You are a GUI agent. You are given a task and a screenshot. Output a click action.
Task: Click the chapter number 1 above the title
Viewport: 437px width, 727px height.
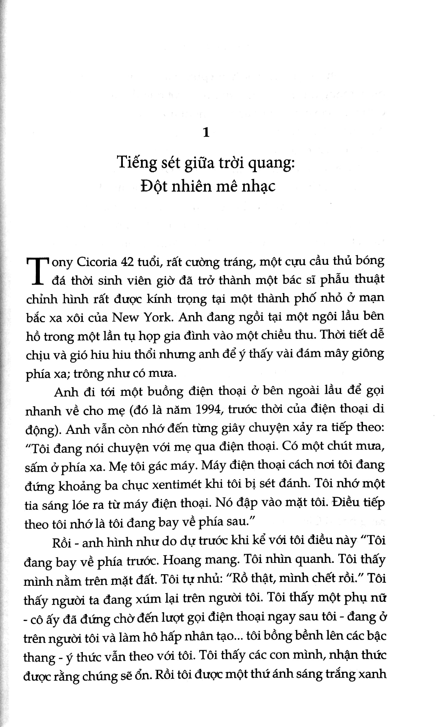click(x=206, y=133)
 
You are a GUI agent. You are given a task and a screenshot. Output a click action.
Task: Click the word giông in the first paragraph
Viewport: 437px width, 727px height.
click(x=370, y=354)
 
